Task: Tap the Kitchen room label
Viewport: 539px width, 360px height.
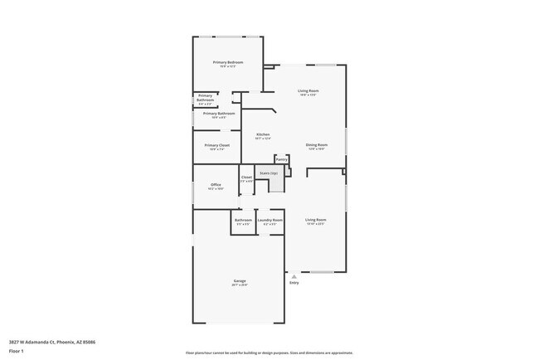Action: (x=262, y=134)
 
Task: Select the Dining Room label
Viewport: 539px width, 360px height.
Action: (x=317, y=145)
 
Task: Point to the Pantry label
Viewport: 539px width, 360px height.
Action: (x=281, y=158)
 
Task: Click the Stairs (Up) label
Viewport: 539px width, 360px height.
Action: (x=269, y=173)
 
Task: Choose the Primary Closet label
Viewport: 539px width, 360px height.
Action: (x=217, y=145)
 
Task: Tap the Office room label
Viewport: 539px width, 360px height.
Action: (x=216, y=184)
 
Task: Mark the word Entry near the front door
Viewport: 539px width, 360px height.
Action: (x=294, y=283)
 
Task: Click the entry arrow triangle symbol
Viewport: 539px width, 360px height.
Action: (x=294, y=276)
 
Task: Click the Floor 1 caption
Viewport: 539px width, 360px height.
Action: (x=17, y=350)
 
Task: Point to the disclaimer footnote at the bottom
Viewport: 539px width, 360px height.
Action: (x=269, y=353)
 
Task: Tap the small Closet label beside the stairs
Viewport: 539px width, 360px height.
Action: (x=246, y=177)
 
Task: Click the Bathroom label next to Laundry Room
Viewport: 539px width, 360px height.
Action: (x=243, y=220)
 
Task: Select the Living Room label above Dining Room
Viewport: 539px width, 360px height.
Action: (x=308, y=90)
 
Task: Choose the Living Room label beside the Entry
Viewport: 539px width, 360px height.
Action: (x=316, y=220)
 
